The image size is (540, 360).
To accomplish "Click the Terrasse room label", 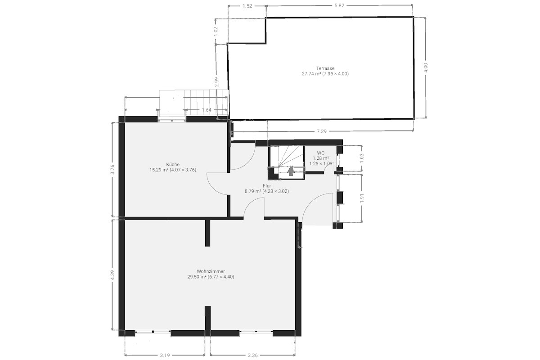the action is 325,68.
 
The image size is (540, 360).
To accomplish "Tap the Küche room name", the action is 173,164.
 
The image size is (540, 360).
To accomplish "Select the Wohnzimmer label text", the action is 211,271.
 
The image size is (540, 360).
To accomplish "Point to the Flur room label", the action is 266,186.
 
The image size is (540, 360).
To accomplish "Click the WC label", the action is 320,153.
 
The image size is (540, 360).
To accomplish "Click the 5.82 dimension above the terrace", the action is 339,6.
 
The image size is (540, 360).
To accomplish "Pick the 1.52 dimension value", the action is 247,6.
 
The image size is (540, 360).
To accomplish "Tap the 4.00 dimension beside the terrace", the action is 426,68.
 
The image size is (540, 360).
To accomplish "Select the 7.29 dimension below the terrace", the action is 322,131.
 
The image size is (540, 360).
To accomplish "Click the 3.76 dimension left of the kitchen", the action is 112,169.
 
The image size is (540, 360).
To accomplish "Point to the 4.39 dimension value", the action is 112,275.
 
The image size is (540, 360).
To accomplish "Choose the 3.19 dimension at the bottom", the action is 165,355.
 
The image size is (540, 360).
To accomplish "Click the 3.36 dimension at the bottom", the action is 252,355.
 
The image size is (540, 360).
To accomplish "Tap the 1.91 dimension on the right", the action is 362,198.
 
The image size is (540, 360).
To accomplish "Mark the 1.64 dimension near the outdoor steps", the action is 207,110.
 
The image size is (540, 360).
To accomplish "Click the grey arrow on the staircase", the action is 291,171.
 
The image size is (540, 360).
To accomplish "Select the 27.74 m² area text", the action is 311,74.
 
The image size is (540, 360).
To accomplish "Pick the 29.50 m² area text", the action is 197,277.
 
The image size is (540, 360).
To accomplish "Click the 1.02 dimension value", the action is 216,31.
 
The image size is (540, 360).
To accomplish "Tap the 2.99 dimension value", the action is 217,82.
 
